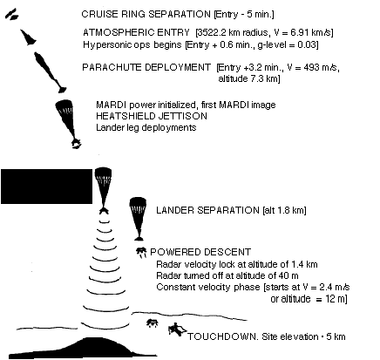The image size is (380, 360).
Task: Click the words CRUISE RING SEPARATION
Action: point(146,14)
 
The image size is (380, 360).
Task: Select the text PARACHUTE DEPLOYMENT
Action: point(146,67)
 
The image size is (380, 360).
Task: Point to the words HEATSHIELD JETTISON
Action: point(152,116)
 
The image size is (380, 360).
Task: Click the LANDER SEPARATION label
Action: point(207,210)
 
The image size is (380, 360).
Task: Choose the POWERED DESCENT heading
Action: point(200,252)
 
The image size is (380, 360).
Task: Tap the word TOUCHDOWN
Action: point(222,336)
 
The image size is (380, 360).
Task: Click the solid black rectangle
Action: point(46,187)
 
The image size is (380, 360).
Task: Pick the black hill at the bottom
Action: point(83,348)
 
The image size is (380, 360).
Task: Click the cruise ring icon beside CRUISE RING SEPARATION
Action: point(11,15)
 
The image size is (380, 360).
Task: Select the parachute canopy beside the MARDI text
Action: point(64,111)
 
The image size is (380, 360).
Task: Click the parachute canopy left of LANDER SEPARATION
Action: point(138,209)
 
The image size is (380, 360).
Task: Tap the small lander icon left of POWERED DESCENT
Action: point(141,252)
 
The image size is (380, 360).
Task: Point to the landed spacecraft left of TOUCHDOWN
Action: point(176,329)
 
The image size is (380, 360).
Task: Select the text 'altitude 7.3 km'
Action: point(248,78)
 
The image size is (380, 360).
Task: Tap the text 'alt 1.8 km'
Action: point(284,210)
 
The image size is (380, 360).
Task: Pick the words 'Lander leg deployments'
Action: point(146,127)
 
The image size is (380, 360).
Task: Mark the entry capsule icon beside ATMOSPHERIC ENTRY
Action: point(28,37)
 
